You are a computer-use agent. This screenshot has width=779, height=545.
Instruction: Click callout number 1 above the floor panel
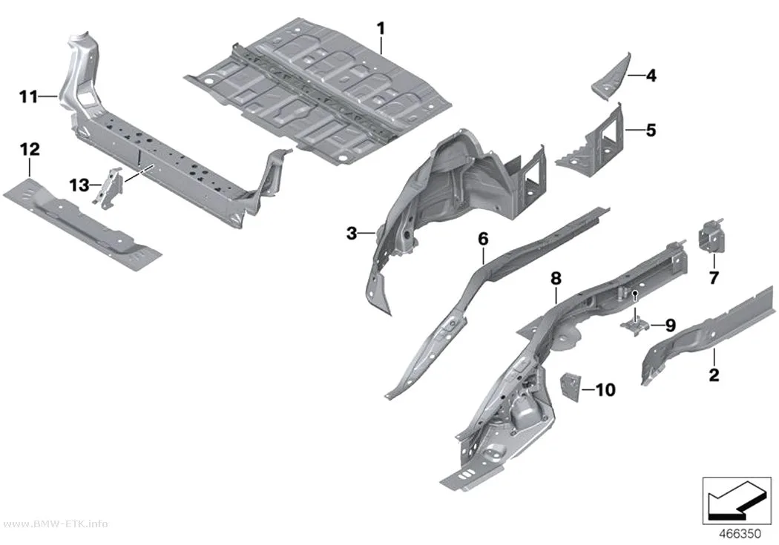381,29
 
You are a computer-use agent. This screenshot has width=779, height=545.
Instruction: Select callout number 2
714,374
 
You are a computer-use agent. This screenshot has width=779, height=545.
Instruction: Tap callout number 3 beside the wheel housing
352,233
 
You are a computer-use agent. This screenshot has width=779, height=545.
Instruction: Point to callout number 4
651,76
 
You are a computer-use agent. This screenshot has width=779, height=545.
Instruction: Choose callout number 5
651,130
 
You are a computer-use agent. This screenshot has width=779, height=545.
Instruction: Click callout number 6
483,239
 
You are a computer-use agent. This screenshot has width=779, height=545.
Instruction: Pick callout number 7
714,278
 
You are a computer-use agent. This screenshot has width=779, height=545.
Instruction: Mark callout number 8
556,279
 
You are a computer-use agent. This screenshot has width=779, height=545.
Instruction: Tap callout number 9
670,326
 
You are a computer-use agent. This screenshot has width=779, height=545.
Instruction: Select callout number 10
605,390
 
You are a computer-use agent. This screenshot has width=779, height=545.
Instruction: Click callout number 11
28,97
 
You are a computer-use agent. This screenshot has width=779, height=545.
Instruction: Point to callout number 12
30,149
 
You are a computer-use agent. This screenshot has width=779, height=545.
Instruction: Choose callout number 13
79,185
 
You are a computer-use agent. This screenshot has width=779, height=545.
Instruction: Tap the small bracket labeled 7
712,235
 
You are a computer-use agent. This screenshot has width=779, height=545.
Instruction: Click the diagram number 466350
740,534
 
